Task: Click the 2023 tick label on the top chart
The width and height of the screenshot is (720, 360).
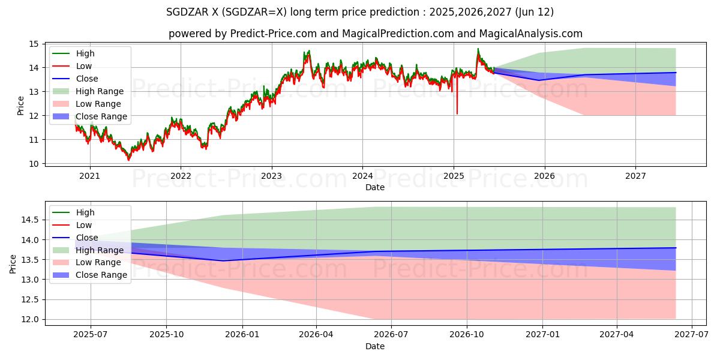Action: pos(271,176)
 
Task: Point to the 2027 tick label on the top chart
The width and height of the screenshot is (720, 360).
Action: pos(635,176)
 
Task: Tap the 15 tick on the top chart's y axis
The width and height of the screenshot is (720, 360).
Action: pos(34,44)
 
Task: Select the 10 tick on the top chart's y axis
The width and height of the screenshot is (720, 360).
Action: pos(34,163)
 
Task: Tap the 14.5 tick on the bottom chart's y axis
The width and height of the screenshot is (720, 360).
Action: pos(29,220)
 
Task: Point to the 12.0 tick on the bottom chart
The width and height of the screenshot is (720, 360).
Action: pos(29,319)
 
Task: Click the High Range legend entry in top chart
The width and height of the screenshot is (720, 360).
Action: pos(100,91)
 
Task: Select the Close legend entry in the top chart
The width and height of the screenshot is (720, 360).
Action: pos(87,79)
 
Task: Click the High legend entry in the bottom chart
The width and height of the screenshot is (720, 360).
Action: pos(85,212)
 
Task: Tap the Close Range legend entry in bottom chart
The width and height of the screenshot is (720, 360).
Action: pos(101,275)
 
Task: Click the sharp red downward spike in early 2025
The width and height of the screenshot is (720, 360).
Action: pos(457,112)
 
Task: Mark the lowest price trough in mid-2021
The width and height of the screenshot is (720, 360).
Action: pos(128,160)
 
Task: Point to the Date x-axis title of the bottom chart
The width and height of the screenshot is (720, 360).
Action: pos(375,346)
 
